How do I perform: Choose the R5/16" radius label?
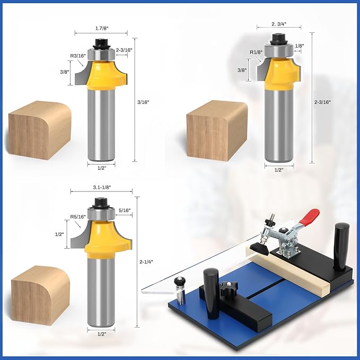(78, 216)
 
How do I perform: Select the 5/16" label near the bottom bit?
(125, 210)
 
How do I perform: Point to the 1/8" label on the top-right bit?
(299, 47)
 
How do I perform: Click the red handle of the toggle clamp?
(309, 216)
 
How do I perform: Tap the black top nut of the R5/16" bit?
(101, 202)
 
